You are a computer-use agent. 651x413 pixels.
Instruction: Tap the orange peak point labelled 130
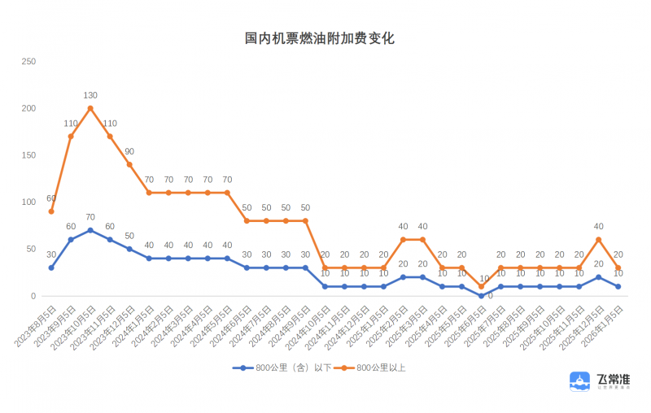pos(90,108)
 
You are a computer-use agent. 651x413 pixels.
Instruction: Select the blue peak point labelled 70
pos(90,230)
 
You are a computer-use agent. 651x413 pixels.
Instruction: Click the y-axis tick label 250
pos(28,62)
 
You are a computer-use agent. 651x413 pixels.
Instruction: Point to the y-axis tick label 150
pos(28,155)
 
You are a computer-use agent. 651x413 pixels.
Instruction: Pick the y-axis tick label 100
pos(28,202)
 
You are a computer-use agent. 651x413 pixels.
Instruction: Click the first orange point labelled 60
pos(51,211)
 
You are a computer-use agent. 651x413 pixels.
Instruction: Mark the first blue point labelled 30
pos(51,267)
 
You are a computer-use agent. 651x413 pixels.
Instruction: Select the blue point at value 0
pos(481,296)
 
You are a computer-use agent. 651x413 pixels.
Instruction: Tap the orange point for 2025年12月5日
pos(598,240)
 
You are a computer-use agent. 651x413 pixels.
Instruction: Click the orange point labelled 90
pos(129,164)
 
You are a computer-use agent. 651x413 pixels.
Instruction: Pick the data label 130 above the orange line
pos(90,96)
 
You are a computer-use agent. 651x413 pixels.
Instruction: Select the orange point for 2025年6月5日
pos(481,286)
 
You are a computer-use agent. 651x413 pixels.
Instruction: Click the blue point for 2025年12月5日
pos(598,277)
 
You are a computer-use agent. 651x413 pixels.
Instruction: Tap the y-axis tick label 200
pos(28,109)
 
